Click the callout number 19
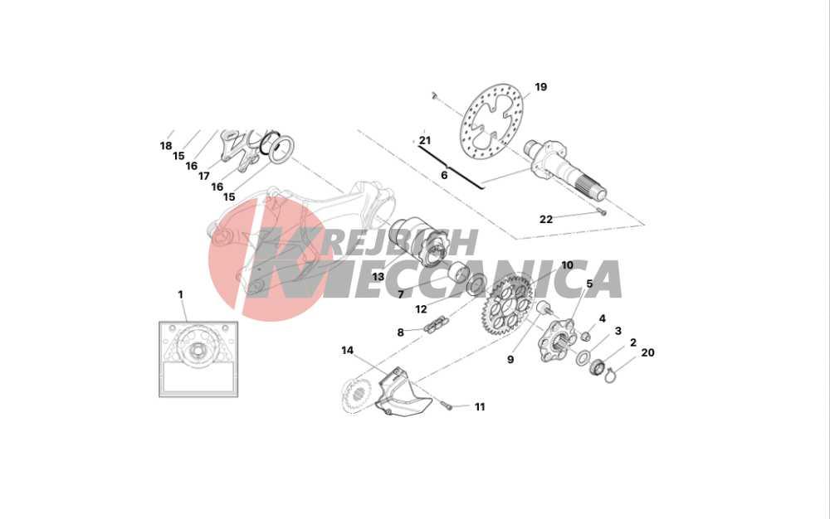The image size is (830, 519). point(540,87)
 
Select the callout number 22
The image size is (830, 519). point(546,219)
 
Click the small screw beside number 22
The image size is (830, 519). point(602,212)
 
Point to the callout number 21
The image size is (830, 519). point(425,141)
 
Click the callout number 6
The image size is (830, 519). point(444,175)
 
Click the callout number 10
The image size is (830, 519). point(567,264)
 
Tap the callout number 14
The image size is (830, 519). point(347,351)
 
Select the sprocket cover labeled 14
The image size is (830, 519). point(403,390)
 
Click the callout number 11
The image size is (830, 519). point(480,406)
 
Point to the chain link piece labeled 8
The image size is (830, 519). point(437,323)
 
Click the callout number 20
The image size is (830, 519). point(648,352)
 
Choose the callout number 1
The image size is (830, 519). point(180,294)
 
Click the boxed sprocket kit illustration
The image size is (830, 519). point(198,359)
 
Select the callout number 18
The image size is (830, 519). point(166,146)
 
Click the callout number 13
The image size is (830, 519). point(378,277)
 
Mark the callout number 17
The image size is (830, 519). point(204,176)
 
